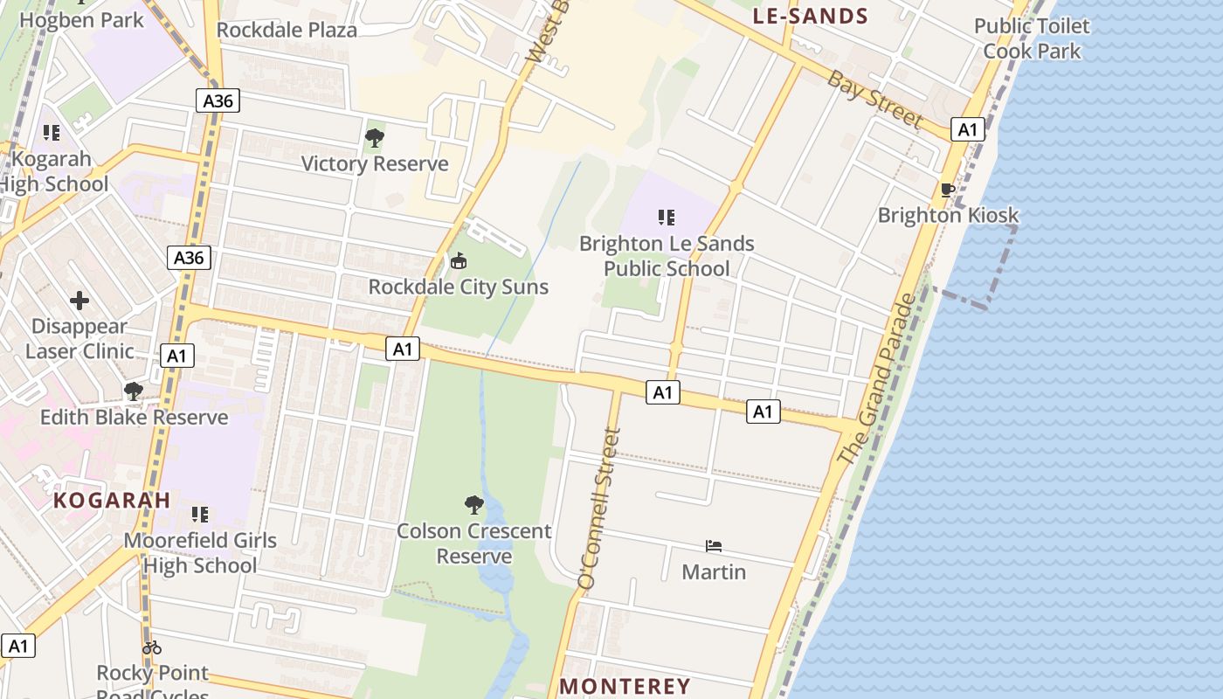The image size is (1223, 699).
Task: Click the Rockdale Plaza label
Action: pyautogui.click(x=287, y=30)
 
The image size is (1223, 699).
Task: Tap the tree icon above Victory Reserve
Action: pyautogui.click(x=375, y=138)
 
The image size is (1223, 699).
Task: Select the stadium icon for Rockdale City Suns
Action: pyautogui.click(x=458, y=261)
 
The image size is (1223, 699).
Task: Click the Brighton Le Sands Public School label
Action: pyautogui.click(x=667, y=256)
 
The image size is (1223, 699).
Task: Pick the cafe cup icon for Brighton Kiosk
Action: pyautogui.click(x=947, y=190)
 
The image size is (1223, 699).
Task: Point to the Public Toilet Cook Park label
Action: pyautogui.click(x=1032, y=38)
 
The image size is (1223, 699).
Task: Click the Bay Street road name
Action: pyautogui.click(x=874, y=99)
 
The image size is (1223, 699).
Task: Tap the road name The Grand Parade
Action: pyautogui.click(x=876, y=379)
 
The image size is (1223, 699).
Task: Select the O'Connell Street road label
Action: pyautogui.click(x=599, y=508)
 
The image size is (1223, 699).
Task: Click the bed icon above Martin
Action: pyautogui.click(x=714, y=547)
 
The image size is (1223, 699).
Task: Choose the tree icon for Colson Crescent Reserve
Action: pyautogui.click(x=474, y=505)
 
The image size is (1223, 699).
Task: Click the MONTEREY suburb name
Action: pyautogui.click(x=625, y=686)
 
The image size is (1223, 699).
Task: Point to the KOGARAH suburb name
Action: pyautogui.click(x=112, y=500)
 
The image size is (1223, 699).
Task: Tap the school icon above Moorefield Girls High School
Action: pyautogui.click(x=200, y=515)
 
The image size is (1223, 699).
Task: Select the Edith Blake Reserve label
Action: pyautogui.click(x=134, y=417)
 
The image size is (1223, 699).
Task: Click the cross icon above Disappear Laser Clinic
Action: pyautogui.click(x=79, y=301)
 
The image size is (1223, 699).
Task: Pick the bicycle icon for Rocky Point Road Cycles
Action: pyautogui.click(x=152, y=647)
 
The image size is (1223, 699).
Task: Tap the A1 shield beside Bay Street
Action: pyautogui.click(x=967, y=130)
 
